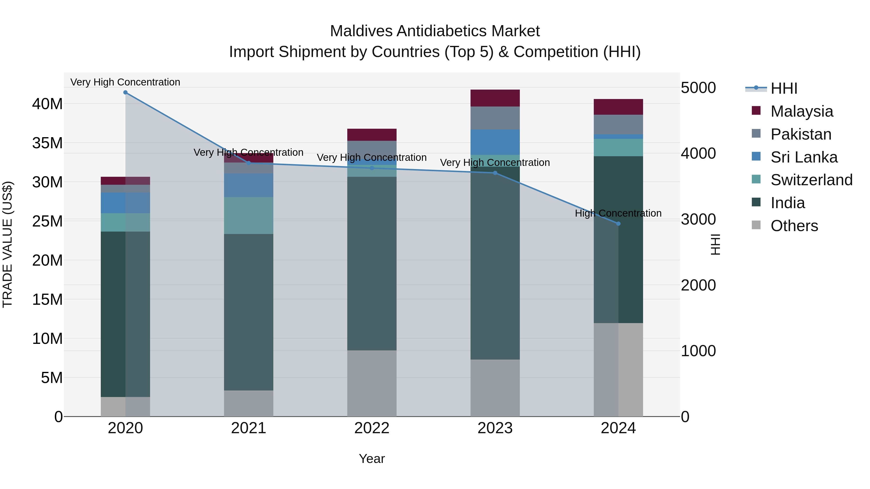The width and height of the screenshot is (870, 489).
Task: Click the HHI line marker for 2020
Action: click(125, 92)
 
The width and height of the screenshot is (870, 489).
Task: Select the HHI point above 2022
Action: click(372, 168)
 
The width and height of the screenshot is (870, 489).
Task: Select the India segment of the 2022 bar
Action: click(372, 263)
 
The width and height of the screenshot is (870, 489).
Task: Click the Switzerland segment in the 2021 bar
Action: click(249, 215)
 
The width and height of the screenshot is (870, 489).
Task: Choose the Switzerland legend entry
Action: click(811, 180)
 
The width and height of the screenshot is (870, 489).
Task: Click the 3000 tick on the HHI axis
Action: click(698, 219)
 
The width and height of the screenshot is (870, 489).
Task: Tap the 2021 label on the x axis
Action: click(249, 428)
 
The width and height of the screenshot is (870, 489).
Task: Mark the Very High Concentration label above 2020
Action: click(125, 82)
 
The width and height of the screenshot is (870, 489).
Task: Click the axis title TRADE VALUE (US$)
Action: click(8, 244)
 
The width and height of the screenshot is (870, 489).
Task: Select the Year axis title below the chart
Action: click(372, 459)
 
